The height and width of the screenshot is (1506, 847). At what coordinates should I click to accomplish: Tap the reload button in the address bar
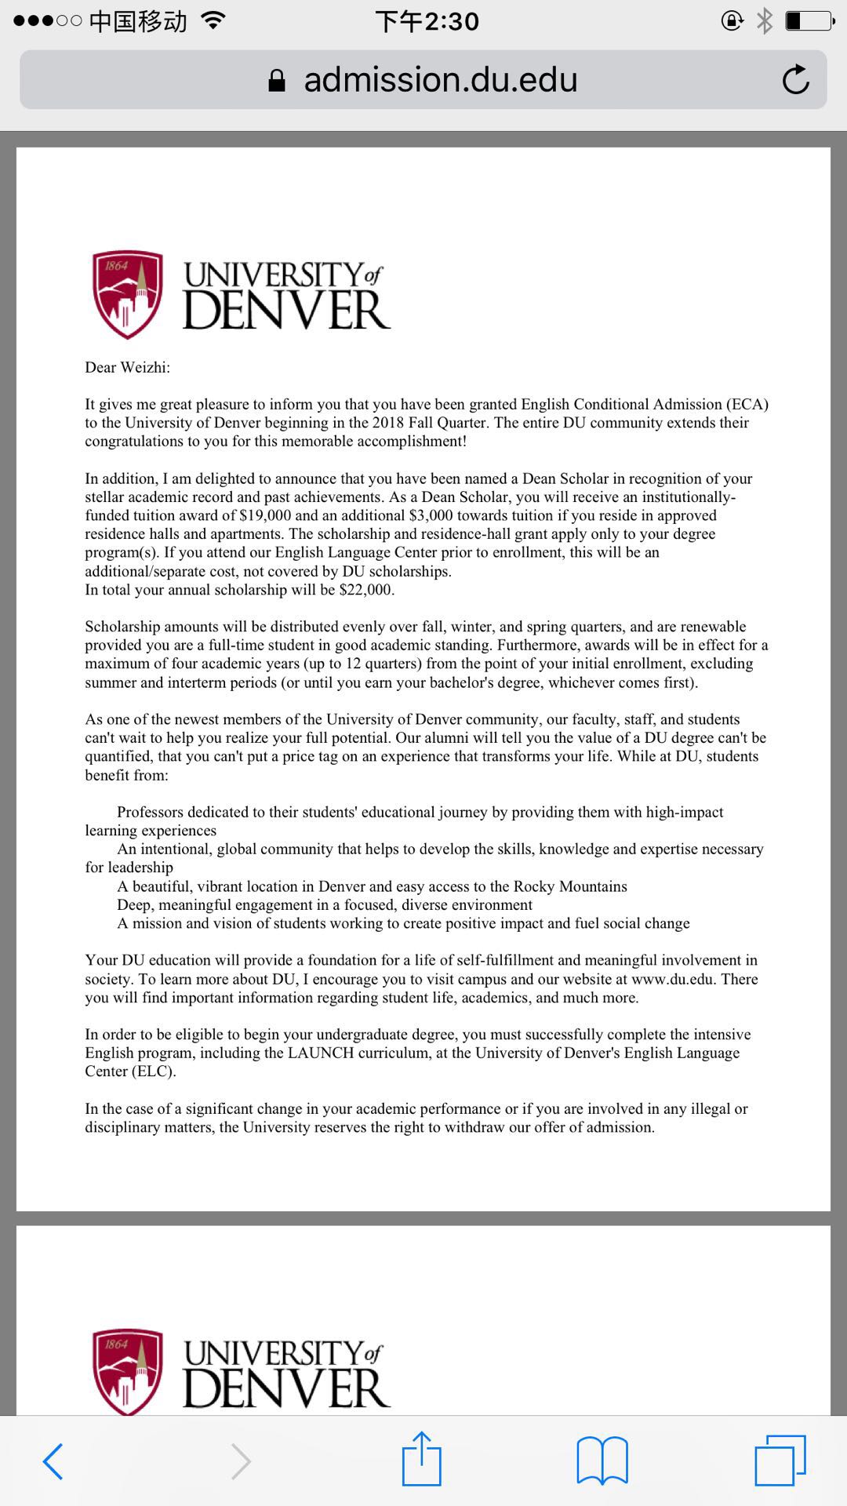(x=795, y=79)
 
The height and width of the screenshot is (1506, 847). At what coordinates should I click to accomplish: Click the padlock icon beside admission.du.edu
(x=277, y=80)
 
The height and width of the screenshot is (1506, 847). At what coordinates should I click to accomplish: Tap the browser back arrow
(x=53, y=1461)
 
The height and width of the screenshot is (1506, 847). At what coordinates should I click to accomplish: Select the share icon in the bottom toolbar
(x=422, y=1459)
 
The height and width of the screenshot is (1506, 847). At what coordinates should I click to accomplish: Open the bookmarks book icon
(x=602, y=1461)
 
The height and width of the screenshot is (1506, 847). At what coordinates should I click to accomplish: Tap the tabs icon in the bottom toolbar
(x=780, y=1461)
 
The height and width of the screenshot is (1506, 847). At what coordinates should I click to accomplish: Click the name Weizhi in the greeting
(x=144, y=367)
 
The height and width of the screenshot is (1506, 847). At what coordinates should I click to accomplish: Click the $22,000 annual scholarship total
(x=366, y=590)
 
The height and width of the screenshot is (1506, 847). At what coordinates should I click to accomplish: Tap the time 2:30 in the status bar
(x=452, y=21)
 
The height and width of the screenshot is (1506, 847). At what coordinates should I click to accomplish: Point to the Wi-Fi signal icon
(x=212, y=20)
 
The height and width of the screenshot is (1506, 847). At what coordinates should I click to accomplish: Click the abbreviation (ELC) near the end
(x=152, y=1071)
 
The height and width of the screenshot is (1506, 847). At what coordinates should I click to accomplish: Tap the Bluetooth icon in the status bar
(x=765, y=21)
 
